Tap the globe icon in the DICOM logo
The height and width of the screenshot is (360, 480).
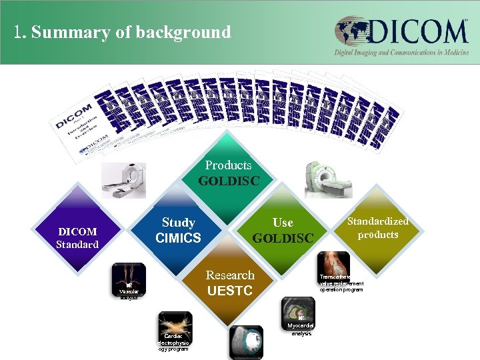coord(352,31)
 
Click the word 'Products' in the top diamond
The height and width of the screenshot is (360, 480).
coord(228,165)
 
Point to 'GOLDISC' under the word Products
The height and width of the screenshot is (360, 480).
coord(228,181)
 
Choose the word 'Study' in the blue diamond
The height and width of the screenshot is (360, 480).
coord(178,223)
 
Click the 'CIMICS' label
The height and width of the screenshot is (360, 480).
coord(178,238)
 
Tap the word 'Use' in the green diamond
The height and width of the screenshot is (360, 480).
coord(283,223)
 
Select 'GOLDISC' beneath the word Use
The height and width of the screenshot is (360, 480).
coord(283,238)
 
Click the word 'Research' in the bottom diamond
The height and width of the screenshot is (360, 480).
coord(230,275)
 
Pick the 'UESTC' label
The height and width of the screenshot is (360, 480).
coord(230,291)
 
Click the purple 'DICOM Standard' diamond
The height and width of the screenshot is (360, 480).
coord(78,237)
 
